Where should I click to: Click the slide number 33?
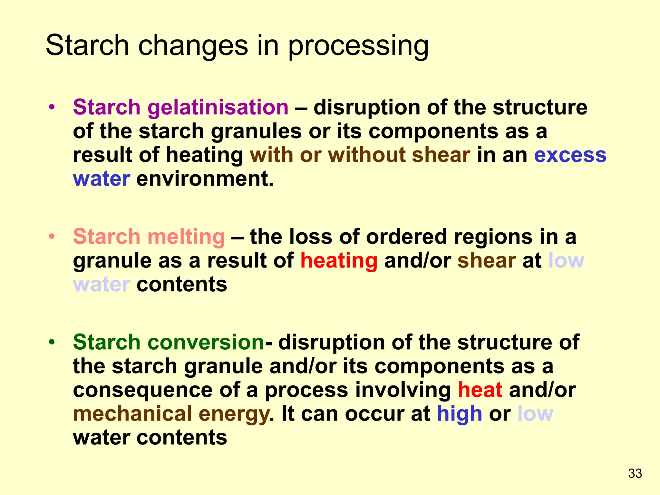(x=635, y=473)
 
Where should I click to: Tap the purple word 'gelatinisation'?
(x=218, y=107)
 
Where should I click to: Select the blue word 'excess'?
(x=570, y=155)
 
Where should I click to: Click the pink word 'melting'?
(x=186, y=237)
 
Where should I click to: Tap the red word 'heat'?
(x=480, y=390)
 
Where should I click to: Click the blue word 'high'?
(x=459, y=414)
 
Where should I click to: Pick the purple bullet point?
(x=52, y=107)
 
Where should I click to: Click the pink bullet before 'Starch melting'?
(x=52, y=237)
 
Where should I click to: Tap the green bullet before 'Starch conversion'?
(x=52, y=342)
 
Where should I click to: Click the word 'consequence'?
(x=143, y=390)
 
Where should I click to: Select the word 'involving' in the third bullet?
(x=403, y=390)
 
